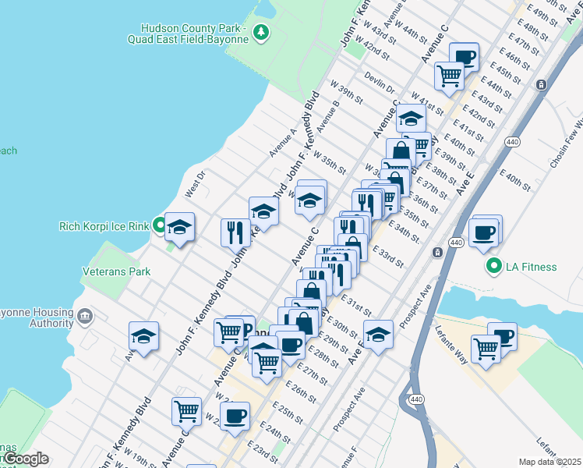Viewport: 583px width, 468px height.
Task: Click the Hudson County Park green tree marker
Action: tap(262, 32)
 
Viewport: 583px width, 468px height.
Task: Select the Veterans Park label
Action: tap(116, 271)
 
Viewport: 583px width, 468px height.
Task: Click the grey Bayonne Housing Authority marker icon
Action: tap(85, 317)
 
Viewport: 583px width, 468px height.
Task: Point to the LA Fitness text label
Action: tap(531, 267)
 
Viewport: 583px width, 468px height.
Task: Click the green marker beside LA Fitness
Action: tap(493, 267)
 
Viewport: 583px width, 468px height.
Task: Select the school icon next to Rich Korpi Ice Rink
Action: tap(180, 227)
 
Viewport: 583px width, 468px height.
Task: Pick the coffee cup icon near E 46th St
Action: tap(465, 56)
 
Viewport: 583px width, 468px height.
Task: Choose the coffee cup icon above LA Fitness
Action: tap(484, 233)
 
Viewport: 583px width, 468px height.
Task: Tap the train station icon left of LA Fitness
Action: tap(438, 252)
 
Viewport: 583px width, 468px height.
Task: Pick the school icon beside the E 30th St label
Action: tap(378, 335)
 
